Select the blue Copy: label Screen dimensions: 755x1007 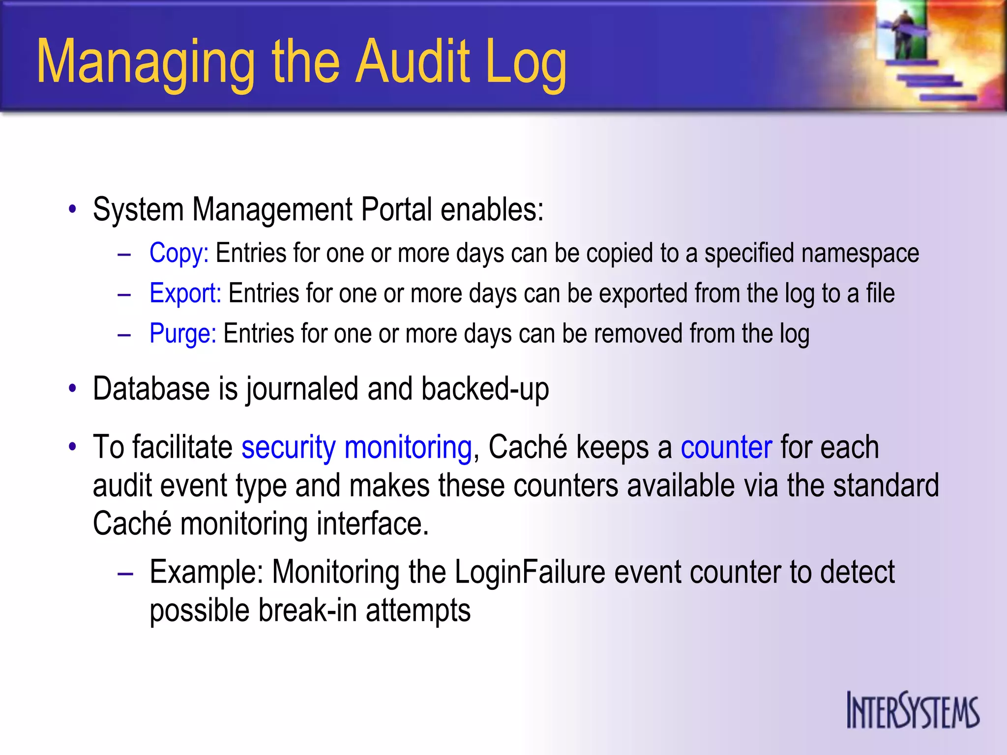pos(179,254)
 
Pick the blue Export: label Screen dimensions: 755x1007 pos(185,294)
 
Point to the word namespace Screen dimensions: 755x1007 pos(860,254)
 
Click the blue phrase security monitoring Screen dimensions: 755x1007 pos(356,447)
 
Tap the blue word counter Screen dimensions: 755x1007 pos(726,447)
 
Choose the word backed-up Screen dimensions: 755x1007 pos(485,389)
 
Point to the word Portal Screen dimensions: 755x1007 pos(396,210)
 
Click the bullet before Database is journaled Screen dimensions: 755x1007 pos(73,389)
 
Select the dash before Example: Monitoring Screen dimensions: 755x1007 pos(125,573)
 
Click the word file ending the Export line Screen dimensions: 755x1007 pos(880,294)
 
